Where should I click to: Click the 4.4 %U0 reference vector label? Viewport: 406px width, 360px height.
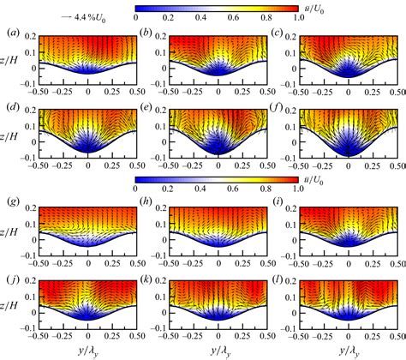48,9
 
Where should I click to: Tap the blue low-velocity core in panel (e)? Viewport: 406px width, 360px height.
218,143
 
